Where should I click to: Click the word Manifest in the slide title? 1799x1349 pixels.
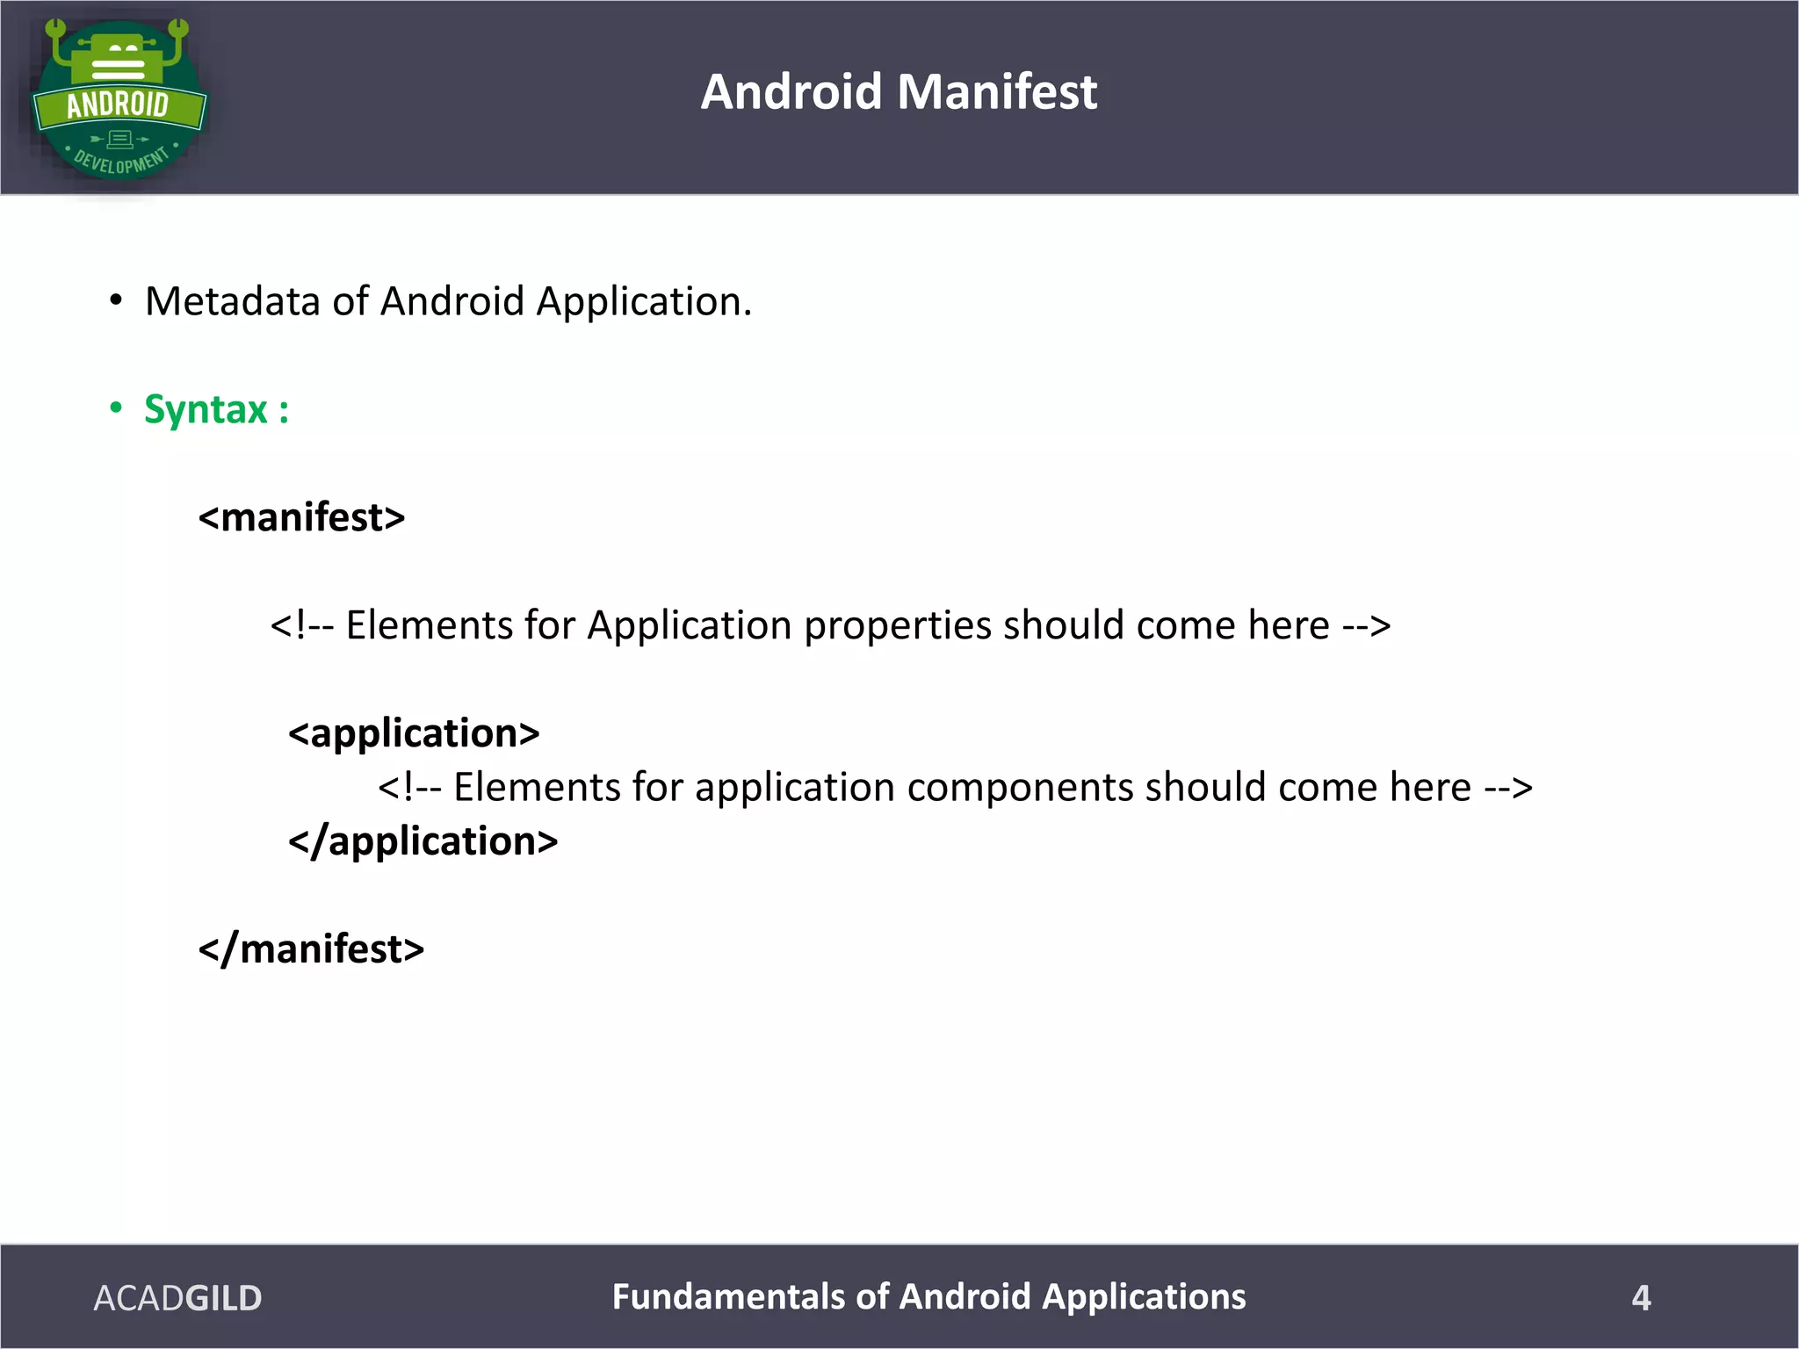[x=997, y=91]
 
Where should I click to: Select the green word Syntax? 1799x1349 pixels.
[x=206, y=410]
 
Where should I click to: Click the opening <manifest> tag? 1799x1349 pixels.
[x=301, y=517]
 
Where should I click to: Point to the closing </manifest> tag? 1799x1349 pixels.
[x=311, y=949]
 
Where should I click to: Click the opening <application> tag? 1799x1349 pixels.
[x=414, y=733]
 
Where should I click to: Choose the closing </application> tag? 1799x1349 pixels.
[x=423, y=841]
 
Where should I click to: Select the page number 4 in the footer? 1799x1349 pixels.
[x=1641, y=1298]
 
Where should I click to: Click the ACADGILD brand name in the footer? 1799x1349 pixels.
[x=177, y=1298]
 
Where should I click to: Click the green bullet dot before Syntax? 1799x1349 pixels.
[x=116, y=408]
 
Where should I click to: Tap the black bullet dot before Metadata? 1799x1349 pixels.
[x=116, y=300]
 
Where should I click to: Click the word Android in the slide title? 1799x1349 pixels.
[x=791, y=91]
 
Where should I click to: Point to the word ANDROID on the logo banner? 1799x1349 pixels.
[x=118, y=105]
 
